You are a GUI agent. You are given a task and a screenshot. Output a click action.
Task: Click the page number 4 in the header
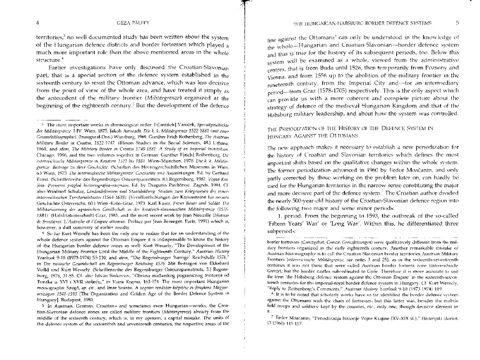38,22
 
